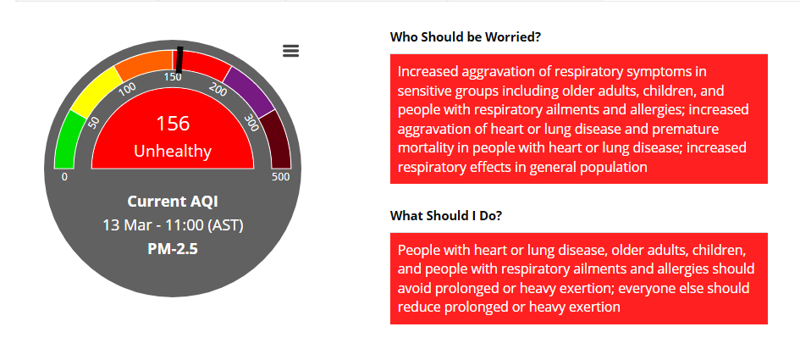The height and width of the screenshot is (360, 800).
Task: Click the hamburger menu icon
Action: pyautogui.click(x=291, y=51)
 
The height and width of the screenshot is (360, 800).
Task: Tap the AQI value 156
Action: pyautogui.click(x=173, y=124)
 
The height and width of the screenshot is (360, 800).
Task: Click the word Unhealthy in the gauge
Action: pyautogui.click(x=173, y=151)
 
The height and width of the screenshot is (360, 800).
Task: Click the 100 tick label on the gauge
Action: pyautogui.click(x=128, y=89)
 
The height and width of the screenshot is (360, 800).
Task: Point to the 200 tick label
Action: pyautogui.click(x=218, y=88)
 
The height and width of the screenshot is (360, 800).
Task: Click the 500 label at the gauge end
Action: pyautogui.click(x=281, y=177)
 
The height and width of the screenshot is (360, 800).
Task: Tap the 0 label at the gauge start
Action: pyautogui.click(x=64, y=177)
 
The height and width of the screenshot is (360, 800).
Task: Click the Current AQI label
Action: pyautogui.click(x=173, y=202)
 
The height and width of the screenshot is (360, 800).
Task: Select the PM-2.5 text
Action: pyautogui.click(x=173, y=249)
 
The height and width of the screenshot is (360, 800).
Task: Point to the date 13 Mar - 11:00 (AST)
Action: pyautogui.click(x=173, y=225)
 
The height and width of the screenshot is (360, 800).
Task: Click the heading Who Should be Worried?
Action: pyautogui.click(x=466, y=37)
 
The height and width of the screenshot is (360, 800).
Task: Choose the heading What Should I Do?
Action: pyautogui.click(x=446, y=215)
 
